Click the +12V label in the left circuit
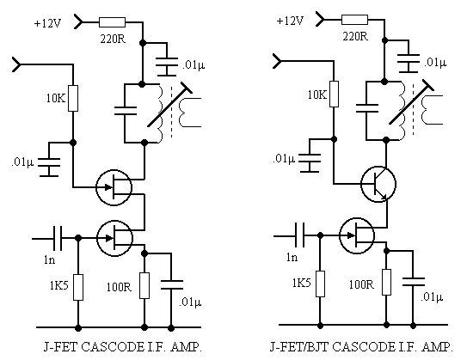coord(47,23)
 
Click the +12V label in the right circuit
coord(290,21)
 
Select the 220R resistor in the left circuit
coord(113,22)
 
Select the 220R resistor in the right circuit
coord(354,20)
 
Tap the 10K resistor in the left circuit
coord(73,99)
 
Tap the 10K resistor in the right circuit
coord(335,94)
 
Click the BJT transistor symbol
coord(378,184)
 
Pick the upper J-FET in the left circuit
coord(114,187)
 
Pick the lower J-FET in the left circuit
coord(114,238)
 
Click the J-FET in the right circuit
coord(357,235)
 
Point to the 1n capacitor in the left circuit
coord(58,238)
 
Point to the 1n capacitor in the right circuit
coord(299,235)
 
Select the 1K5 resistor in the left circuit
coord(78,288)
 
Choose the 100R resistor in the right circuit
coord(386,283)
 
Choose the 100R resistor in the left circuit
coord(144,285)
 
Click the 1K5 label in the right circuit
coord(301,283)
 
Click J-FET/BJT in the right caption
coord(299,347)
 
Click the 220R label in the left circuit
coord(113,39)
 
